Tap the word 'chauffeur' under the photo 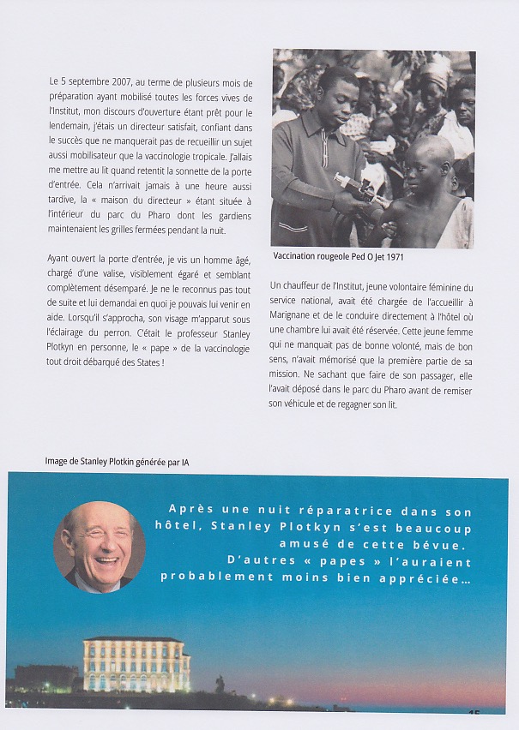click(306, 286)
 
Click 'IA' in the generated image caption click(184, 462)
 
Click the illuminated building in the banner click(136, 663)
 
